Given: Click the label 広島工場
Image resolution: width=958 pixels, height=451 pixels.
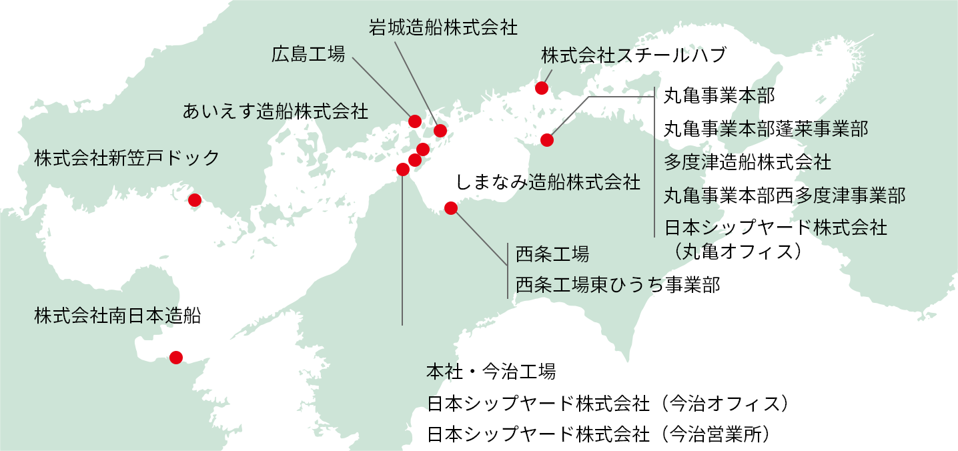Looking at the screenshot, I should point(308,55).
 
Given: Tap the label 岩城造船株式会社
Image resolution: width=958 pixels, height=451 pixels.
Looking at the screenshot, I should point(443,27).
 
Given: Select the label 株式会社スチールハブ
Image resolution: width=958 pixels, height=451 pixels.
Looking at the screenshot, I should point(633,55).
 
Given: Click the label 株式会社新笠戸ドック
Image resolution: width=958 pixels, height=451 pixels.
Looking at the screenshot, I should point(127,158).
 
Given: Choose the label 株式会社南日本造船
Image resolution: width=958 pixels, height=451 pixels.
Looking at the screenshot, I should point(117,316).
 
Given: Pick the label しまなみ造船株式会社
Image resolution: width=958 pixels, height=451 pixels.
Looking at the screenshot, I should point(548,182).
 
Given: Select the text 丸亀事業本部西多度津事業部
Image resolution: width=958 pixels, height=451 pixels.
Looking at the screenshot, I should point(785,195).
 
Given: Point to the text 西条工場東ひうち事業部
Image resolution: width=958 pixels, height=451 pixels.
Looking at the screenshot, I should point(618,286).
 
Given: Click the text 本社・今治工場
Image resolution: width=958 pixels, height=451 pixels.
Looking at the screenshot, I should point(491,372).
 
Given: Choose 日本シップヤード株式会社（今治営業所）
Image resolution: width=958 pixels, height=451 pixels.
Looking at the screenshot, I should point(604,434).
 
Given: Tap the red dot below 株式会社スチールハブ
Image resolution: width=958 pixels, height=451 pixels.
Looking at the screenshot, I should point(542,88).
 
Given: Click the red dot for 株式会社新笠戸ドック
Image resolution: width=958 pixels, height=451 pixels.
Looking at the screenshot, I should point(195,200).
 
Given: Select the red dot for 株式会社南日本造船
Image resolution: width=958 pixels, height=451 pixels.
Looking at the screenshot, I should point(176,358).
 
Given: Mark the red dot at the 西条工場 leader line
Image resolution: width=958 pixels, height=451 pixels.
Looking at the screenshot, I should point(451,208).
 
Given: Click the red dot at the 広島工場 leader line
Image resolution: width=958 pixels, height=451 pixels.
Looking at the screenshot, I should point(414,121).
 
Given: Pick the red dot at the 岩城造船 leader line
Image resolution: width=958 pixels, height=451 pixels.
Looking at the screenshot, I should point(440,131).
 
